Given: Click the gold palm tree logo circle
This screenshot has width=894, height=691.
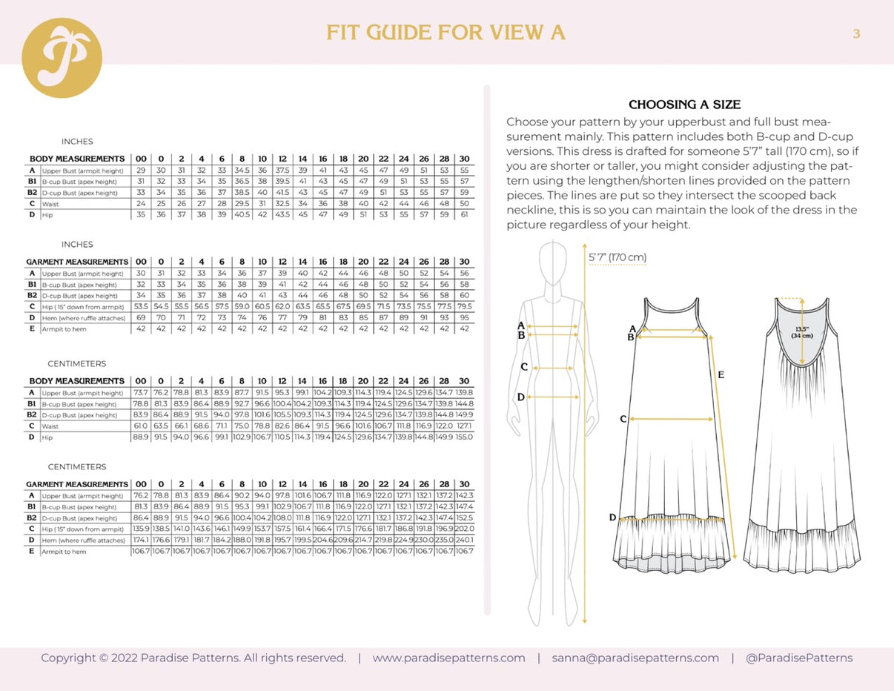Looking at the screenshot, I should [x=62, y=58].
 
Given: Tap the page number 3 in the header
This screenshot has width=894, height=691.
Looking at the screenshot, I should [x=856, y=33].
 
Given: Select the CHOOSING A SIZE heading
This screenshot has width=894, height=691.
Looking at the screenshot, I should [x=684, y=105].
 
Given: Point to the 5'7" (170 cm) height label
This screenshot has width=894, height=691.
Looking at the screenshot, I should [x=617, y=257].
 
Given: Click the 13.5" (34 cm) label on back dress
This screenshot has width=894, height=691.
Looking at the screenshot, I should [x=802, y=331].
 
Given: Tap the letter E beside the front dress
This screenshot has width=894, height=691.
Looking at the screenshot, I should [x=721, y=376].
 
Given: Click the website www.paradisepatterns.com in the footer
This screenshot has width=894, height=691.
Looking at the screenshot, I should [x=448, y=658].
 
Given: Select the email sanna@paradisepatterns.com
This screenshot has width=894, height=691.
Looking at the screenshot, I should [x=635, y=658].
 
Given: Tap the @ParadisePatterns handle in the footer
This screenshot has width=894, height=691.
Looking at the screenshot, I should [x=798, y=658].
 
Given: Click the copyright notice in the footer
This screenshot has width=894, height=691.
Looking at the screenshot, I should [x=193, y=658].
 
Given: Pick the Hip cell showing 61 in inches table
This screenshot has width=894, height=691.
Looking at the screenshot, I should [x=464, y=215].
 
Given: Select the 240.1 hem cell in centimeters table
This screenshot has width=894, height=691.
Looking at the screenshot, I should [x=464, y=540].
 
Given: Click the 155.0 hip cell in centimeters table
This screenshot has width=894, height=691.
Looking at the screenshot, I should [x=464, y=437].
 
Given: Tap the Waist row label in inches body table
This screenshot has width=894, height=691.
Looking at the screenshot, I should [x=52, y=204].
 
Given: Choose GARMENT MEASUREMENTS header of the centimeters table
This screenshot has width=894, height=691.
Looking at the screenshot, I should [x=77, y=484].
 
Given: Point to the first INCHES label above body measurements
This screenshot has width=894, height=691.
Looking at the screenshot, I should [x=77, y=141].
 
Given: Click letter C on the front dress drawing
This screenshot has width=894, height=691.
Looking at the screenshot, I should [x=623, y=419].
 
